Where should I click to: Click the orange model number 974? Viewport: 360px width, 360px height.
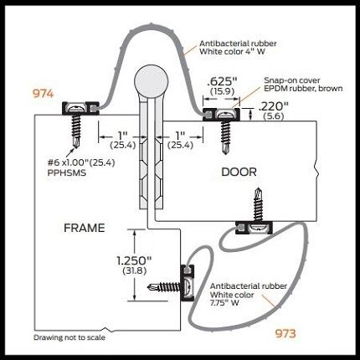43,94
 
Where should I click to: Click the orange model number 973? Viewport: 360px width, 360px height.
285,333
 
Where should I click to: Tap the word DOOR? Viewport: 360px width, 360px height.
239,172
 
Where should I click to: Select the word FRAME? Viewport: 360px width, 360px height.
85,228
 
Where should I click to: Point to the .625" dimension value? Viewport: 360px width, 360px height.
223,82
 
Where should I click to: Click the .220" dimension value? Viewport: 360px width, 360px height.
274,106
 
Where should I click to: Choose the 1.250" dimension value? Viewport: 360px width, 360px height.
134,261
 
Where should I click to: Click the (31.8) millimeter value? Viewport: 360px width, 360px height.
135,270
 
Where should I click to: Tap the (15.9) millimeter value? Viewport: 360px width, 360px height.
223,91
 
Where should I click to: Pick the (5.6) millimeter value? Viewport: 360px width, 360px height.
274,116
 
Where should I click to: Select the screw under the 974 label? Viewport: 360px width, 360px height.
76,131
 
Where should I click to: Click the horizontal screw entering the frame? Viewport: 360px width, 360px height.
164,286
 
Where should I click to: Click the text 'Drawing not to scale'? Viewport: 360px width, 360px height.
69,337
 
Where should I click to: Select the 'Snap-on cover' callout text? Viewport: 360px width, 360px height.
292,80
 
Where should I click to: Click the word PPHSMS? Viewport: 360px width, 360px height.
67,172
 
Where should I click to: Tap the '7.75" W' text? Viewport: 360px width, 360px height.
224,303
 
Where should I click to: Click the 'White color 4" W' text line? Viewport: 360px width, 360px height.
232,52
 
